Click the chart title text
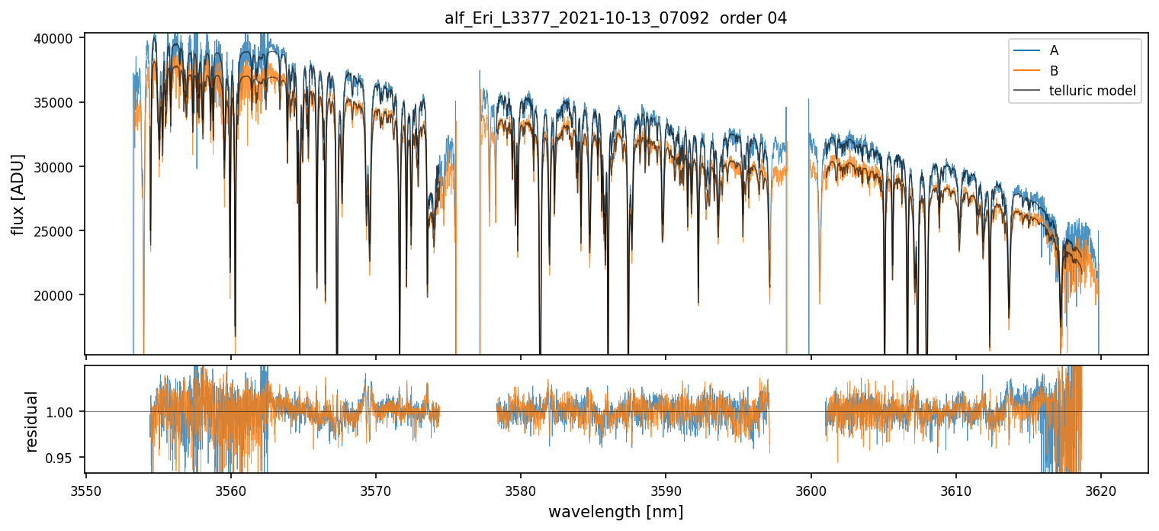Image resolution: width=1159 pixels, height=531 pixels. tap(615, 18)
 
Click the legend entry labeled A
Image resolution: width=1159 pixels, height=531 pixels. tap(1054, 50)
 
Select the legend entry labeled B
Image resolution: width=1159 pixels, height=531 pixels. tap(1054, 71)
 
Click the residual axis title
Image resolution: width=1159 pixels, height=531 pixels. tap(31, 421)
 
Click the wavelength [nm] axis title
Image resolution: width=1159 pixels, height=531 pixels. tap(615, 511)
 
